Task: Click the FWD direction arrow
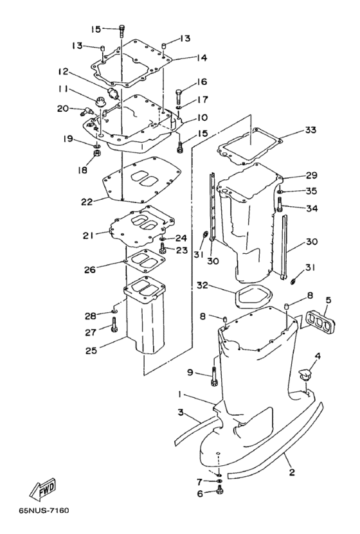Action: click(42, 491)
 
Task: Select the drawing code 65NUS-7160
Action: click(44, 510)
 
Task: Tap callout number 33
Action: click(310, 130)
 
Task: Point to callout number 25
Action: click(91, 350)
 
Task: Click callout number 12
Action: click(63, 71)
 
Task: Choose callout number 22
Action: click(87, 202)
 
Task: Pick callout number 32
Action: click(203, 285)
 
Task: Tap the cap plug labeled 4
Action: click(305, 373)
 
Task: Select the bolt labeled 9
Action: click(214, 377)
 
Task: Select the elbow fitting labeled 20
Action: click(87, 111)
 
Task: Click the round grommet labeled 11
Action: click(100, 101)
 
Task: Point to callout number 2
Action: click(292, 472)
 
